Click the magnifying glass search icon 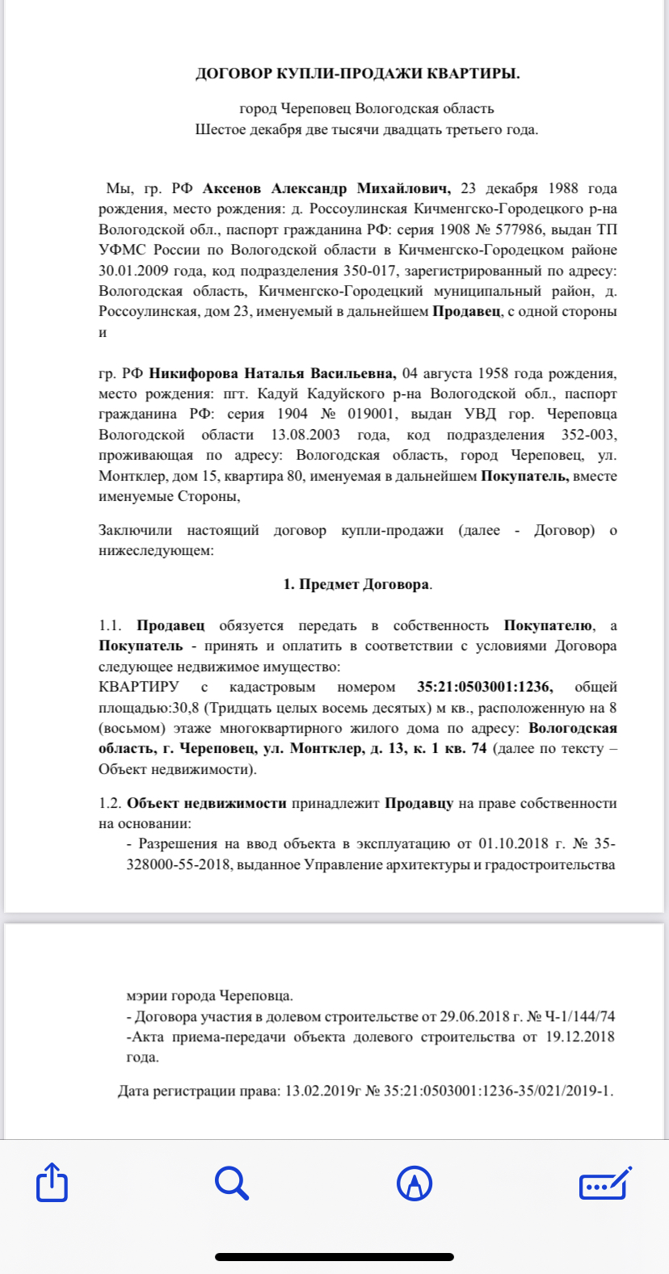click(x=232, y=1184)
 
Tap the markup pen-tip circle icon click(x=414, y=1184)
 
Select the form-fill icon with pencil click(x=605, y=1184)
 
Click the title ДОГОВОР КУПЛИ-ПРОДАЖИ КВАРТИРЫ click(x=358, y=74)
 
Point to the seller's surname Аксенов click(x=232, y=189)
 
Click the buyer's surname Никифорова click(x=193, y=373)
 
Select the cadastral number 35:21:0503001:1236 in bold click(x=485, y=687)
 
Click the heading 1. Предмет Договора click(x=357, y=585)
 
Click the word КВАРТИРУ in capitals click(x=139, y=687)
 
